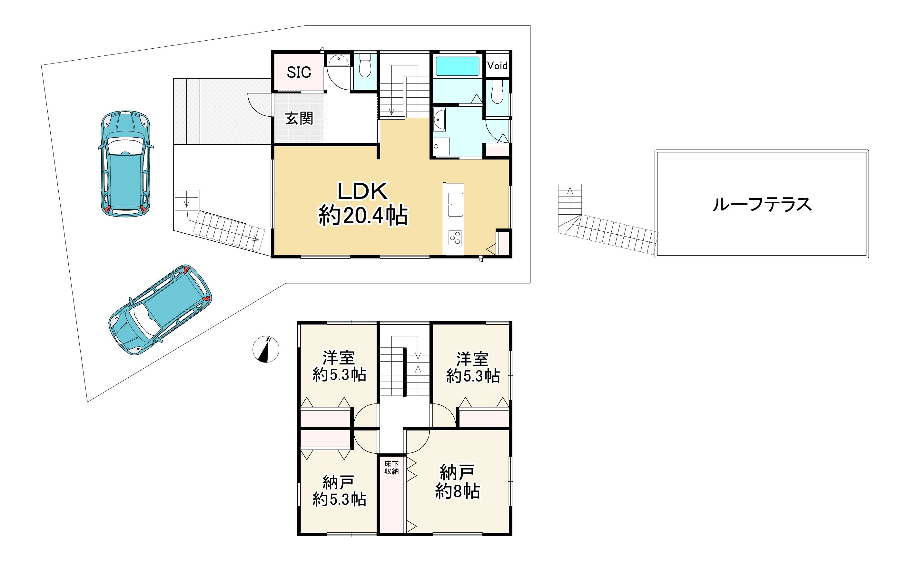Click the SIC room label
tap(299, 72)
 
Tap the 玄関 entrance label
tap(299, 118)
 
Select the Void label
tap(497, 66)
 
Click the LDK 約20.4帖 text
tap(363, 203)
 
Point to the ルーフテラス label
tap(762, 204)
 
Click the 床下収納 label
tap(391, 468)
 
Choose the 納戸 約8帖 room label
tap(457, 481)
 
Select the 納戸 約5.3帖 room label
tap(339, 491)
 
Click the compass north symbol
tap(266, 349)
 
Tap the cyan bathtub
tap(457, 66)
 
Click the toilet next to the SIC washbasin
tap(365, 65)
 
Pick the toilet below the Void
tap(497, 92)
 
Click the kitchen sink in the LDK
tap(455, 204)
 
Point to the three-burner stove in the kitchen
tap(455, 238)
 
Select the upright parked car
tap(126, 164)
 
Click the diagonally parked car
tap(160, 310)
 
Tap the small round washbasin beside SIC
tap(339, 60)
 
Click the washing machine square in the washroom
tap(441, 146)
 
